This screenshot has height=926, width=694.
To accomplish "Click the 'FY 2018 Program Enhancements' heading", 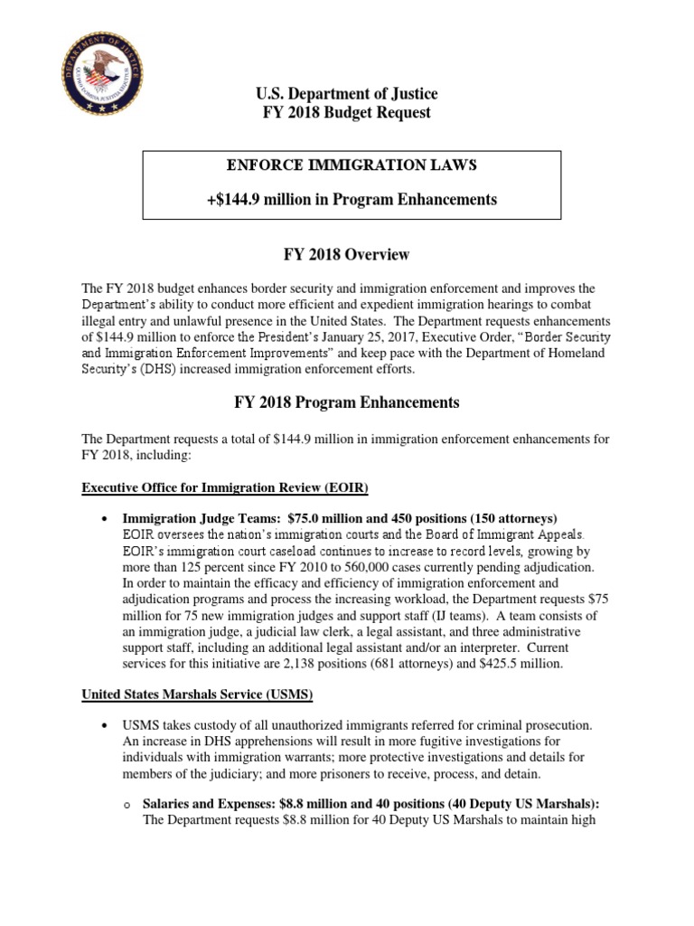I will (x=346, y=402).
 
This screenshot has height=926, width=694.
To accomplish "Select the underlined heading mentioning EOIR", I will (x=226, y=488).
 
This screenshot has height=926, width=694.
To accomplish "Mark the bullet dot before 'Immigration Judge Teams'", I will (x=107, y=519).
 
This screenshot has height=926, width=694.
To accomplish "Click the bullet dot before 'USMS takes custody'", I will (x=107, y=726).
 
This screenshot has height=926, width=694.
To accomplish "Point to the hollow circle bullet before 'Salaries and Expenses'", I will (x=127, y=806).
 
